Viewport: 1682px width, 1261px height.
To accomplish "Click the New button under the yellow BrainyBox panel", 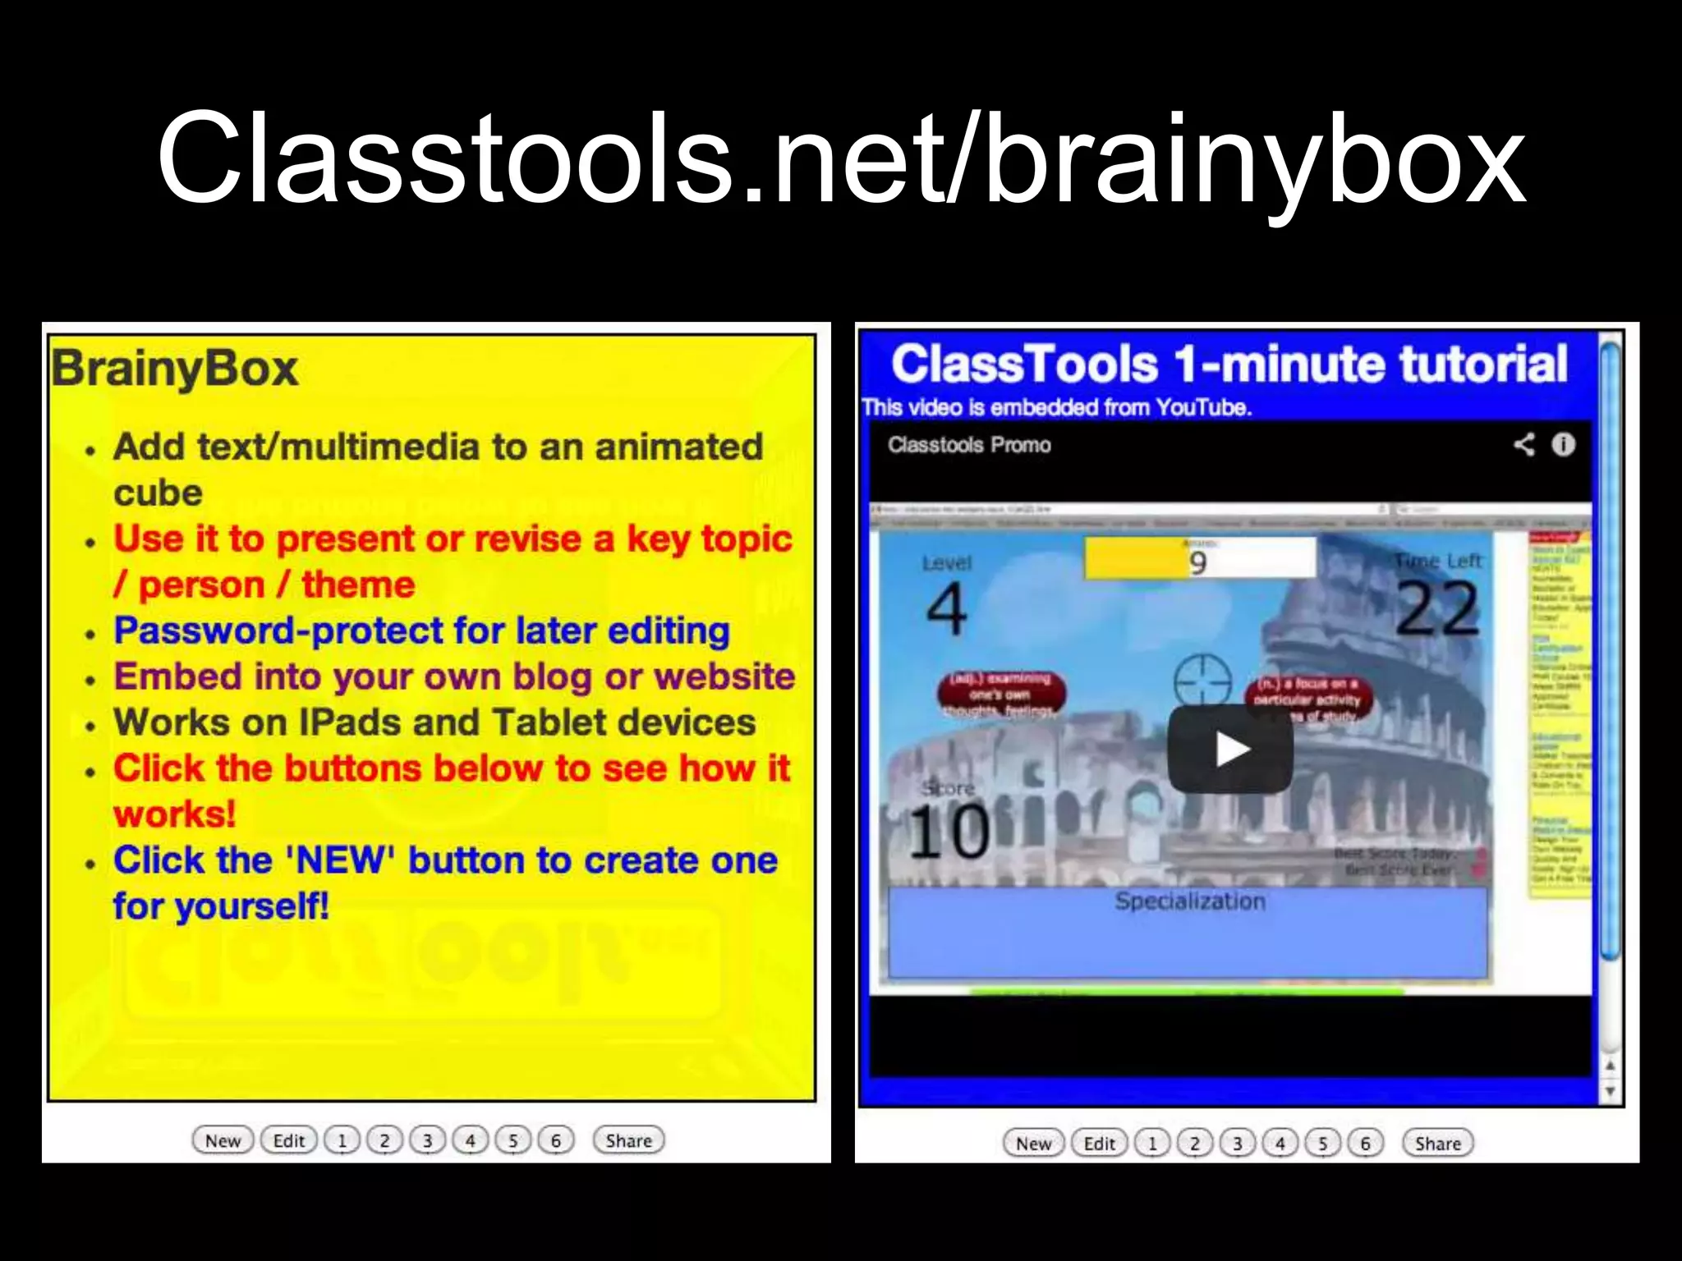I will point(223,1140).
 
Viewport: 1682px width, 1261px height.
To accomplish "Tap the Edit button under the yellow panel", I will point(288,1140).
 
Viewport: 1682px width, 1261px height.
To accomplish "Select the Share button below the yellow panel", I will point(628,1140).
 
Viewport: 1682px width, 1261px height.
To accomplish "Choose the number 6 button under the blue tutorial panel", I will point(1365,1143).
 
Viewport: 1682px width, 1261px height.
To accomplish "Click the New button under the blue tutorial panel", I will point(1033,1143).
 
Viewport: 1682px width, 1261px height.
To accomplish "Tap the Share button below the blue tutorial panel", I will point(1437,1143).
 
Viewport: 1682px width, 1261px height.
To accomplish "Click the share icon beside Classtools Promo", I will point(1523,444).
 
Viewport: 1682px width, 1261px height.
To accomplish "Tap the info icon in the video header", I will point(1563,444).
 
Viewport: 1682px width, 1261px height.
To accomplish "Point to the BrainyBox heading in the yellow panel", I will point(174,369).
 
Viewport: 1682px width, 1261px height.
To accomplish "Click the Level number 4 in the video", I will point(946,608).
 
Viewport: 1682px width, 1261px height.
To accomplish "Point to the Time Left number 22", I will point(1437,608).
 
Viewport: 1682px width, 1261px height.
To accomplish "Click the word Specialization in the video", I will point(1190,901).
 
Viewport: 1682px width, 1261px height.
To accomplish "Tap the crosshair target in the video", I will point(1202,681).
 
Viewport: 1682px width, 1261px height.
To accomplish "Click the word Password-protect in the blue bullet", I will point(278,630).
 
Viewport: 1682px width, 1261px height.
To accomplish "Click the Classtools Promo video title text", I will point(969,445).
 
